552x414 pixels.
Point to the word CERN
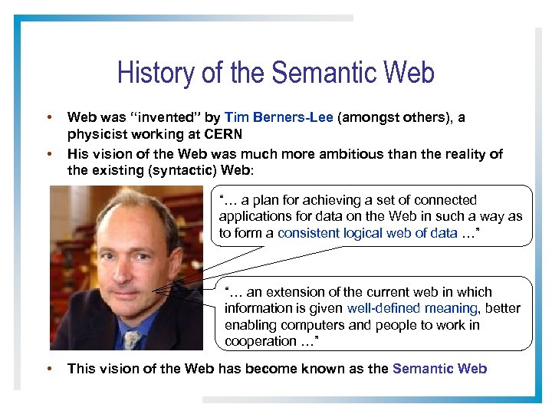click(224, 135)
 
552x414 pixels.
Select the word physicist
click(95, 135)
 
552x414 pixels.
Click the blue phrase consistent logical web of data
click(367, 233)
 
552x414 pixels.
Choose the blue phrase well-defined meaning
click(412, 308)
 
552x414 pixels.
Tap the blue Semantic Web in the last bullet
click(439, 369)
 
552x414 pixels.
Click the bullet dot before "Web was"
click(49, 117)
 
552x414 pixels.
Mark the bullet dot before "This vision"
click(49, 369)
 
